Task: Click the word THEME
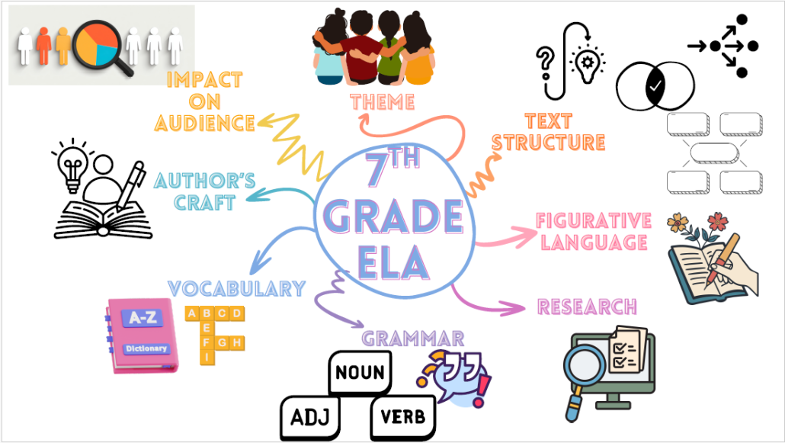(382, 101)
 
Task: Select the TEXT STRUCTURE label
(548, 132)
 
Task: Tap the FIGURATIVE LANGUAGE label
(594, 231)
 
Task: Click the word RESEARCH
(587, 307)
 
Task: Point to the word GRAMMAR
(412, 338)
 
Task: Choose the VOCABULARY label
(236, 288)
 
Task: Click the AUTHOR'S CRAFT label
(204, 191)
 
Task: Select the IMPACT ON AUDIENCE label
(204, 101)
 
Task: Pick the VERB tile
(403, 418)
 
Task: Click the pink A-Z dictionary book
(137, 335)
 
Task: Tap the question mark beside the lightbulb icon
(546, 59)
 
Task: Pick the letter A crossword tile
(192, 313)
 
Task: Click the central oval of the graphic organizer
(714, 152)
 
